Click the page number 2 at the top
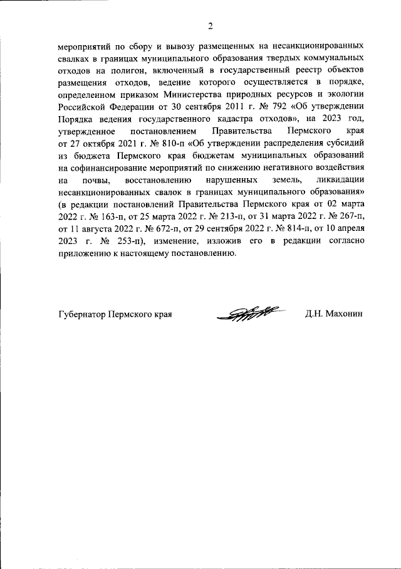(211, 26)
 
